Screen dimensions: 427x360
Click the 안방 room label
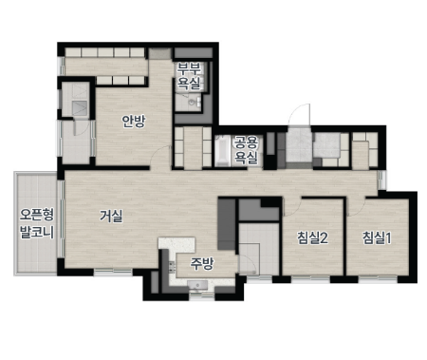(x=134, y=121)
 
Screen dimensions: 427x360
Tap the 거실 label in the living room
(x=111, y=216)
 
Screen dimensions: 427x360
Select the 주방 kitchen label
(x=202, y=263)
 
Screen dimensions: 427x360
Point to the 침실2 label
(x=312, y=237)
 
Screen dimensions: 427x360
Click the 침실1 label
(x=377, y=237)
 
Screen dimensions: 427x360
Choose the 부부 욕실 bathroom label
(x=189, y=75)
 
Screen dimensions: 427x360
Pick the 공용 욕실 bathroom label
(x=246, y=150)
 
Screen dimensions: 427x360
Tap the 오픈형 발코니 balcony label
(x=37, y=223)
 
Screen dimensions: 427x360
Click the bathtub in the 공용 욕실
(x=222, y=151)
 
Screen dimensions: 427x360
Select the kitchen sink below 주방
(x=197, y=285)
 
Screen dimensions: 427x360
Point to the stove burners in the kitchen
(x=172, y=267)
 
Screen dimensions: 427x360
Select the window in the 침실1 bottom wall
(x=378, y=279)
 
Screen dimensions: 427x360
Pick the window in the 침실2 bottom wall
(x=310, y=279)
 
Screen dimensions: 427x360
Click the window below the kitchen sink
(x=202, y=296)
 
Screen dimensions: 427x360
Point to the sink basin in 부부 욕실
(x=191, y=102)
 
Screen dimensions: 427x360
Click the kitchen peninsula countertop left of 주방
(x=176, y=244)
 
